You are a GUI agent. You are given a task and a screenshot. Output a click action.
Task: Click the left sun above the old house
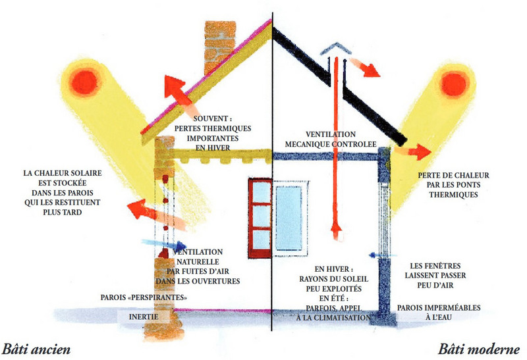[84, 82]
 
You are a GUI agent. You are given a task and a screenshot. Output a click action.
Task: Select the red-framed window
[261, 212]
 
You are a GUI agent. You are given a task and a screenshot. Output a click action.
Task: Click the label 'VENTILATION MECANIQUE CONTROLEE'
[331, 139]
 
